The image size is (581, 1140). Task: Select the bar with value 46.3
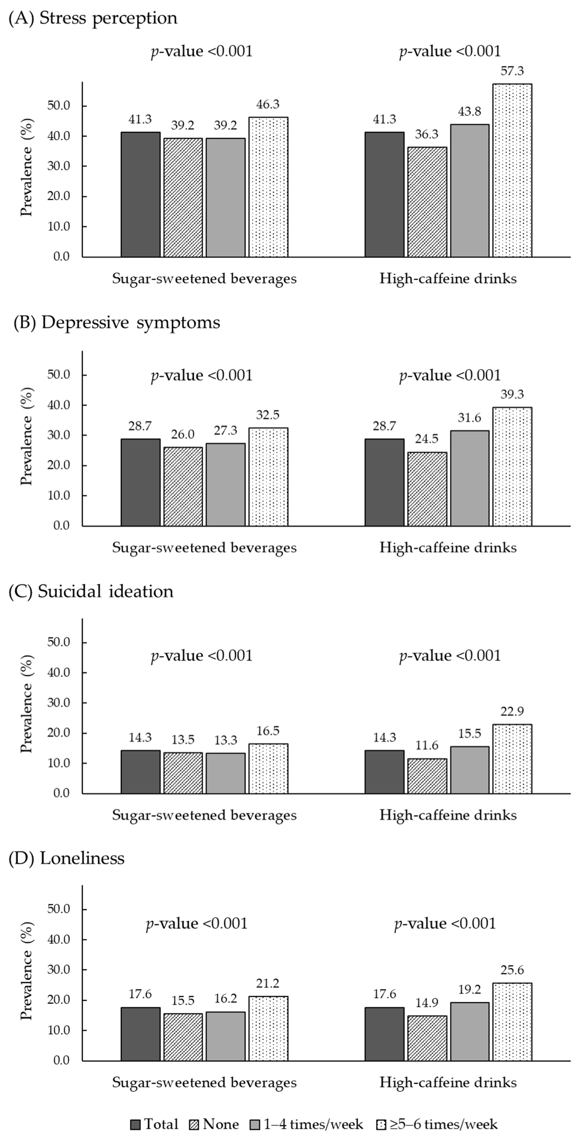(x=268, y=187)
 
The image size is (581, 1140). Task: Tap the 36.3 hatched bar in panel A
(x=427, y=202)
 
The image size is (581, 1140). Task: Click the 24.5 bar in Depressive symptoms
(x=427, y=489)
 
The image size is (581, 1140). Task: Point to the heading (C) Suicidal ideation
(x=91, y=591)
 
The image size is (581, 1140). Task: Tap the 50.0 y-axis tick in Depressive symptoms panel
(x=59, y=375)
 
